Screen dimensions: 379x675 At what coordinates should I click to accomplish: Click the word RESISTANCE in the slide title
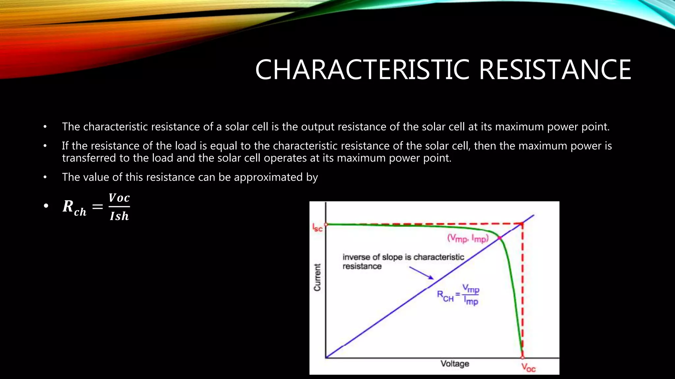[x=555, y=70]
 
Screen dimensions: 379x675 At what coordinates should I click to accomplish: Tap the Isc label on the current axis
[x=317, y=228]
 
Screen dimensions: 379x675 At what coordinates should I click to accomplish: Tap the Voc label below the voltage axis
[x=528, y=367]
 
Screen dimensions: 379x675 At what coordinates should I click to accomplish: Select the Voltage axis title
[x=455, y=364]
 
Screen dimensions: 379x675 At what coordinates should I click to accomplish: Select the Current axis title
[x=317, y=277]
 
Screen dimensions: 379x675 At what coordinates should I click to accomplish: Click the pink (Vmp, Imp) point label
[x=468, y=238]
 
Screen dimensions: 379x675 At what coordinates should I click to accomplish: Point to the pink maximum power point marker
[x=500, y=238]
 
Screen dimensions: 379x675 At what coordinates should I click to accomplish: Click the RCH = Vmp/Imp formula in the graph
[x=458, y=295]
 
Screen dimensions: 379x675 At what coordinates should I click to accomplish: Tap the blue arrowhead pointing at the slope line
[x=431, y=278]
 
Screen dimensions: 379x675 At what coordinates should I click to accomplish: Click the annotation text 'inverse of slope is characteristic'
[x=403, y=257]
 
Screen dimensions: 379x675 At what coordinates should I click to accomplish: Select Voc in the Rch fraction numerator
[x=119, y=198]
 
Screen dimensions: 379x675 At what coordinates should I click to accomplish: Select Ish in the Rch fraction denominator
[x=119, y=216]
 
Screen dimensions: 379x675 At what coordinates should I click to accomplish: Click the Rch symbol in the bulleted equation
[x=74, y=208]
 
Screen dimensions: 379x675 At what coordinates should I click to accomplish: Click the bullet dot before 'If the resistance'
[x=45, y=146]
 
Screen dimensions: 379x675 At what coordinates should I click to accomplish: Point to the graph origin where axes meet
[x=326, y=358]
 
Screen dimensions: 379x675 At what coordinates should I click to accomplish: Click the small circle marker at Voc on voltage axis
[x=522, y=357]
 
